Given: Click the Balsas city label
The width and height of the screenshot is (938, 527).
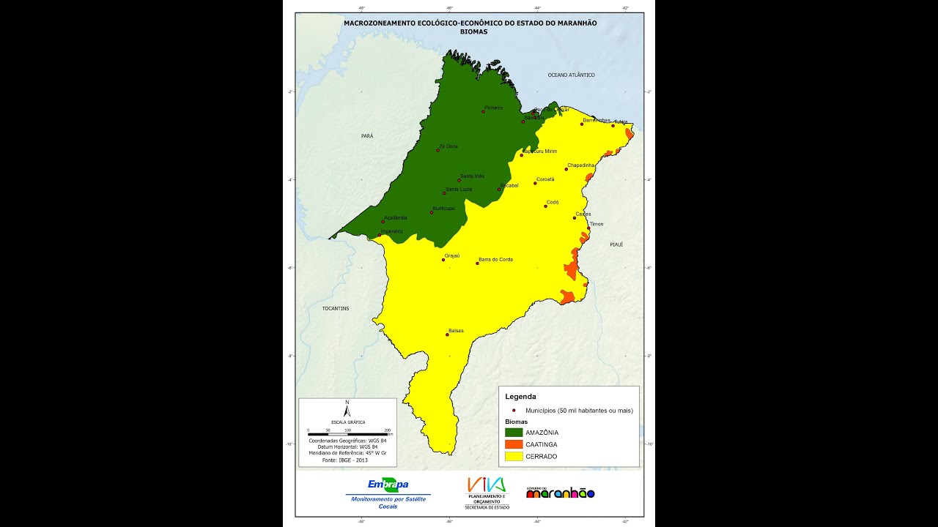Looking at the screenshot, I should coord(456,330).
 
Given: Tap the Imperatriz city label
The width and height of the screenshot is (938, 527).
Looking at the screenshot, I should coord(391,231).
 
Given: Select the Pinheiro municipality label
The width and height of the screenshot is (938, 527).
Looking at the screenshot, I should coord(493,108).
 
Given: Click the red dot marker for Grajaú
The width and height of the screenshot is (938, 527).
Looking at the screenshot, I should coord(443,260).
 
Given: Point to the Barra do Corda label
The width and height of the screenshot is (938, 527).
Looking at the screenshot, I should coord(495,259).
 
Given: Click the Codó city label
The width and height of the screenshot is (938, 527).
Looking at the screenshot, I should coord(553,202).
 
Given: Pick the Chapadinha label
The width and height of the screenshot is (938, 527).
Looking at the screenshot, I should coord(581,165).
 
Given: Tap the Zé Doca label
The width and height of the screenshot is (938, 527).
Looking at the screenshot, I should coord(448,146).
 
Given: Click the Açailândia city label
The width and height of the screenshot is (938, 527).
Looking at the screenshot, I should coord(395,217).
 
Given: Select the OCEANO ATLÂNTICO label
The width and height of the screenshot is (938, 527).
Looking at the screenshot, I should coord(571,75).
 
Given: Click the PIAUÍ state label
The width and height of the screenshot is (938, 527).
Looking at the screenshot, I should coord(616,244).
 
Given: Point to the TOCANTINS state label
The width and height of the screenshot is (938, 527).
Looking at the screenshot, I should coord(336,308).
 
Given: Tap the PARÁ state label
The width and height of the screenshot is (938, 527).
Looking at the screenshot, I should coord(367,136).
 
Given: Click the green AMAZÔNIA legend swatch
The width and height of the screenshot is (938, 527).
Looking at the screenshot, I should coord(514,433).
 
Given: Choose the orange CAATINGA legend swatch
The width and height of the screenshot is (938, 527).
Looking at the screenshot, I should coord(514,444).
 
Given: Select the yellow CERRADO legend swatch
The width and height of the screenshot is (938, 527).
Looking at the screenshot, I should coord(514,456).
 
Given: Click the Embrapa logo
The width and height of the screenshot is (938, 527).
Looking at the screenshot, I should coord(388,485).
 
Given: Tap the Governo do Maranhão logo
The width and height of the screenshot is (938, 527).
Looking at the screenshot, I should coord(560,493).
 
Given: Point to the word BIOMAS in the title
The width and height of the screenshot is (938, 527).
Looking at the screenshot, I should coord(473,31).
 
